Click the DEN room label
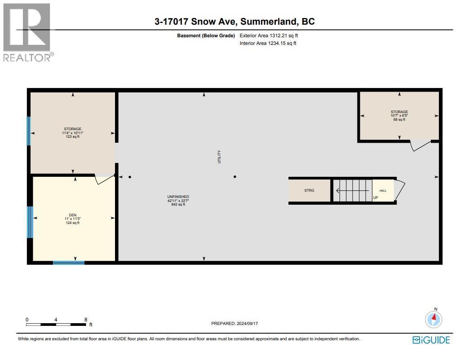tap(72, 215)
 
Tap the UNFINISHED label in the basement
tap(178, 197)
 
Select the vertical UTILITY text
tap(219, 156)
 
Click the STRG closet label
tap(309, 190)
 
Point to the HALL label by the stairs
tap(383, 191)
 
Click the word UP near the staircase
tap(375, 198)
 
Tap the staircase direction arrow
tap(353, 190)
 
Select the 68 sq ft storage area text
tap(399, 119)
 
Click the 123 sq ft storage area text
tap(72, 137)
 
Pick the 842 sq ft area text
tap(178, 205)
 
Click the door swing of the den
tap(104, 179)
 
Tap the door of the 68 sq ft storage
tap(420, 145)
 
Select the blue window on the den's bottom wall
tap(69, 263)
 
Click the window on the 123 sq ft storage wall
tap(29, 131)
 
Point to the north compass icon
tap(434, 319)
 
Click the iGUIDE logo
tap(431, 340)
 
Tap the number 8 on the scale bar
tap(85, 320)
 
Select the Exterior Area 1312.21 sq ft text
tap(269, 35)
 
